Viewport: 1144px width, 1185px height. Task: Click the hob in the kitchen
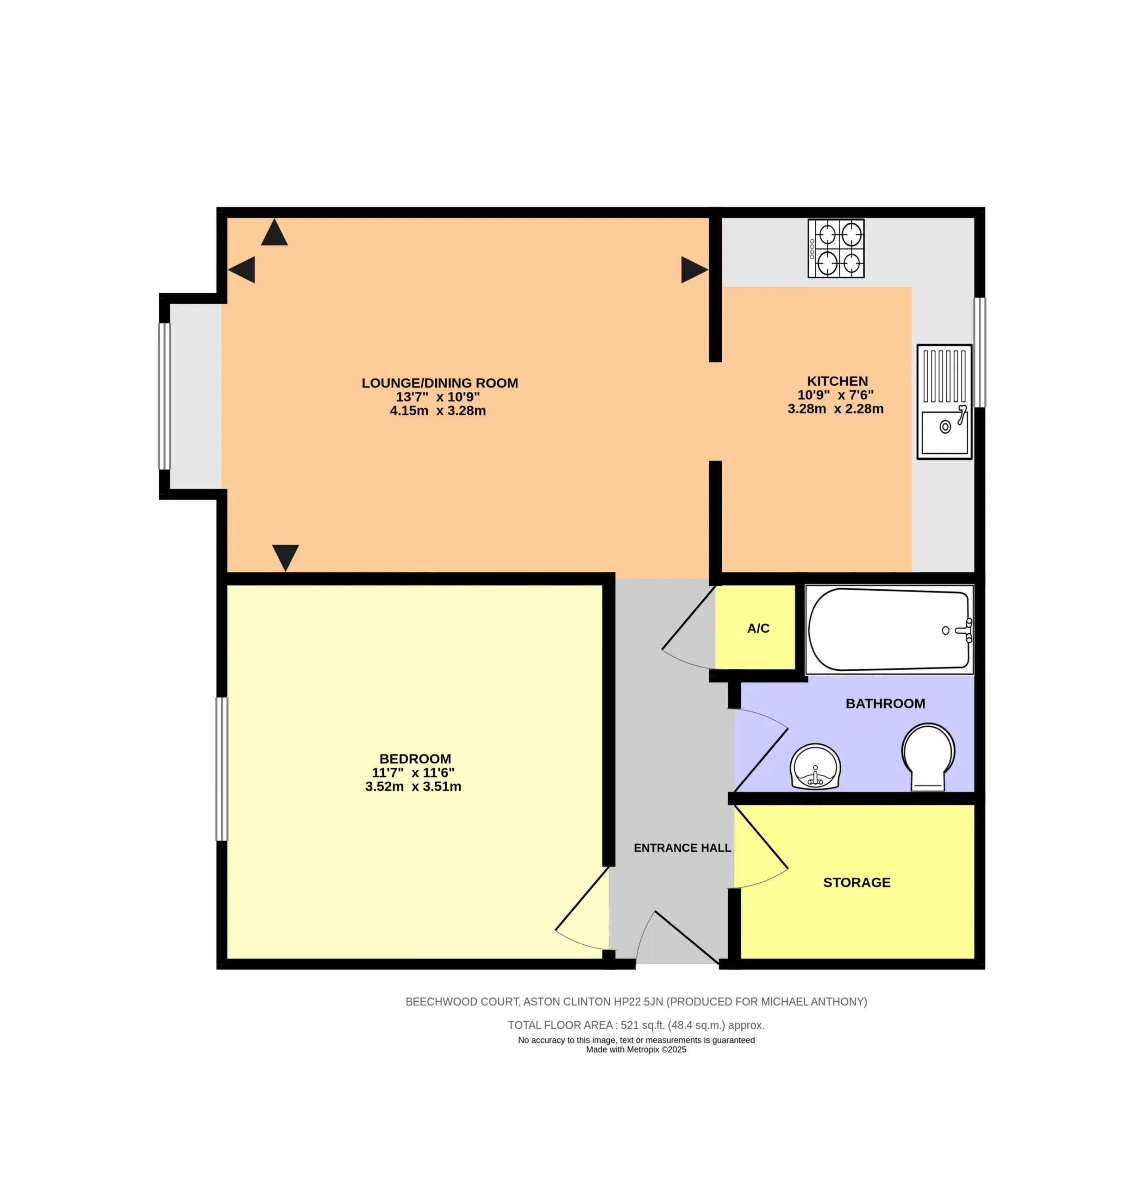pos(836,249)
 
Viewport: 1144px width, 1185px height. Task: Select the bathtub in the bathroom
pos(889,630)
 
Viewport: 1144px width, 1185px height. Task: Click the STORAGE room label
pos(856,882)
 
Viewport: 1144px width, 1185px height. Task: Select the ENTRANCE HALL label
pos(682,848)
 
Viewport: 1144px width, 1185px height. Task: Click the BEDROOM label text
pos(415,759)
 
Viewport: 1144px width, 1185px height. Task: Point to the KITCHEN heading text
pos(837,381)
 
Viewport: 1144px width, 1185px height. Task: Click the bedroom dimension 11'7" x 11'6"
pos(413,773)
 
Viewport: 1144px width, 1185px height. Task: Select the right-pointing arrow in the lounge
pos(694,270)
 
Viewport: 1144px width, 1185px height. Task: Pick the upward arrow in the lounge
pos(274,232)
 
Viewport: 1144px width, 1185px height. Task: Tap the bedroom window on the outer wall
pos(222,768)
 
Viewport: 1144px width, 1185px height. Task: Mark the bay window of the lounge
pos(164,396)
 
